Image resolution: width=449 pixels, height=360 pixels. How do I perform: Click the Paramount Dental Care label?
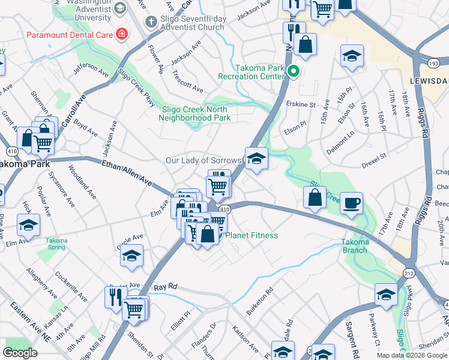coord(69,35)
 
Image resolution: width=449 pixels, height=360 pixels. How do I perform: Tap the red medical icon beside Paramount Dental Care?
coord(122,34)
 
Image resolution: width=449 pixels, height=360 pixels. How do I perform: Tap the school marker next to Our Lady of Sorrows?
coord(256,158)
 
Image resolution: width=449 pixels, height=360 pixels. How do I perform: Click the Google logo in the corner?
coord(20,352)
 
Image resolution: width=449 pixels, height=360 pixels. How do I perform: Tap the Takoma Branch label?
coord(354,245)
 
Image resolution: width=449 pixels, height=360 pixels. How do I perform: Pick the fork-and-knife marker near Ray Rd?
coord(115,296)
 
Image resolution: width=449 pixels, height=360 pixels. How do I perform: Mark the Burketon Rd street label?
coord(260,301)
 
